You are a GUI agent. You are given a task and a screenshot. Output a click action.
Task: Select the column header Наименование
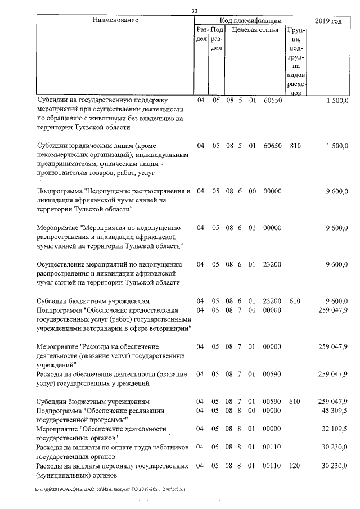click(x=115, y=20)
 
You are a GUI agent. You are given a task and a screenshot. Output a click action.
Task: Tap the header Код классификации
click(x=250, y=20)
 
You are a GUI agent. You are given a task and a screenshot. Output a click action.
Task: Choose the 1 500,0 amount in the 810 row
click(x=337, y=146)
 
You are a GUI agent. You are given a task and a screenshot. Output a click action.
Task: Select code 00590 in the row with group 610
click(x=272, y=402)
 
